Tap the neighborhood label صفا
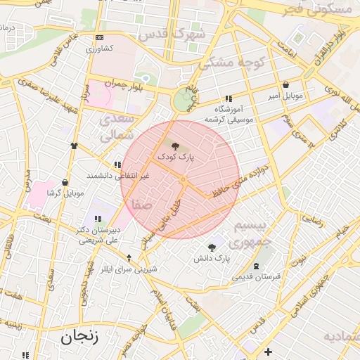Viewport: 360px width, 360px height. coord(137,205)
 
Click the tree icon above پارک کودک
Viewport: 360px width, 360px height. coord(175,146)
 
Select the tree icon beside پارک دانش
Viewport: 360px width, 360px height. coord(211,247)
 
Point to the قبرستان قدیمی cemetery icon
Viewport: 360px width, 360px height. coord(256,266)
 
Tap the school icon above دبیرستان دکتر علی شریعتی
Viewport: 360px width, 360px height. coord(96,219)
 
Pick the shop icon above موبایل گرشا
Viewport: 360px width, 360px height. coord(65,182)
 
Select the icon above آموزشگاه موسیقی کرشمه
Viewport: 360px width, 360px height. coord(229,99)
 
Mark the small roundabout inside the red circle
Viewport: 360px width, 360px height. coord(183,180)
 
